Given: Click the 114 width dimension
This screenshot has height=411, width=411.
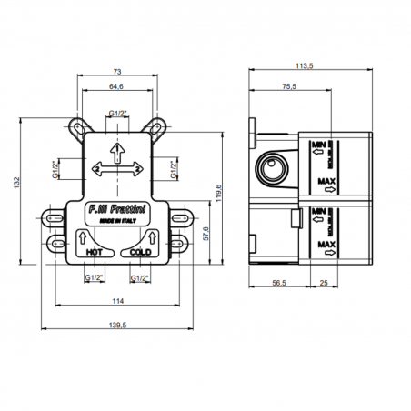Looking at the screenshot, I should [x=118, y=301].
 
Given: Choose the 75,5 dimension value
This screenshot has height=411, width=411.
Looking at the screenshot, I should [x=290, y=86].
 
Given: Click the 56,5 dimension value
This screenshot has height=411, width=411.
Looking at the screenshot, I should [x=281, y=284].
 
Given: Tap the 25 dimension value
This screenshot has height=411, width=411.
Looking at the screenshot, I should [x=325, y=284].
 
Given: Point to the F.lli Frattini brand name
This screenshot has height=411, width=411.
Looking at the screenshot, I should [x=117, y=208].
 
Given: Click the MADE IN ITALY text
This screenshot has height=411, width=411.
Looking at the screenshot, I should [x=117, y=219].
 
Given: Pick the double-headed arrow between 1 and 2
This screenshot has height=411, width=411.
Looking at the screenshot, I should [x=117, y=169].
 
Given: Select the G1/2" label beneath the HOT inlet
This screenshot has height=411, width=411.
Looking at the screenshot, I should [x=92, y=276].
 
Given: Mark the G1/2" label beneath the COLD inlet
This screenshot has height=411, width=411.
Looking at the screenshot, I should [x=140, y=276].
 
